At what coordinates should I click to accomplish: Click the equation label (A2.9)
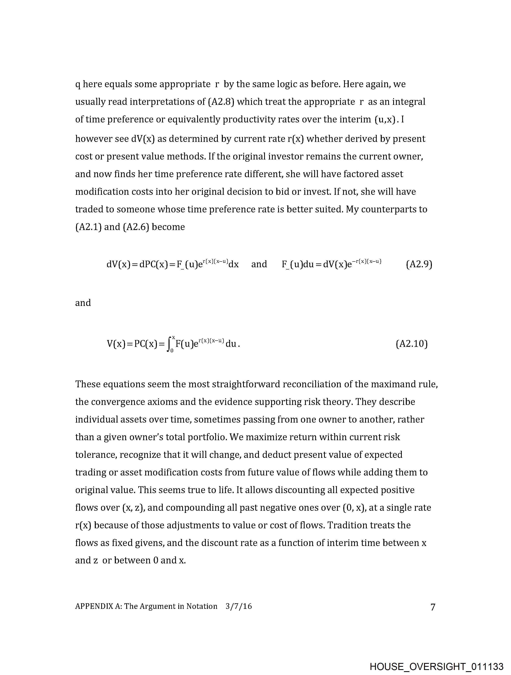coord(419,264)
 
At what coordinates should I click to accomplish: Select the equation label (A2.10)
coord(411,344)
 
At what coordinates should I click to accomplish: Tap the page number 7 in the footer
coord(433,607)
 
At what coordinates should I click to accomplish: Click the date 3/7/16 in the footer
coord(239,606)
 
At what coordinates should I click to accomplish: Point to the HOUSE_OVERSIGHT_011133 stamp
coord(436,666)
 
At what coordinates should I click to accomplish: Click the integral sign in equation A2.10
coord(169,345)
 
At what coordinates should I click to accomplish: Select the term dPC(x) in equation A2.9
coord(154,264)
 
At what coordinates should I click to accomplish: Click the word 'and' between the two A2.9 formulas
coord(259,264)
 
